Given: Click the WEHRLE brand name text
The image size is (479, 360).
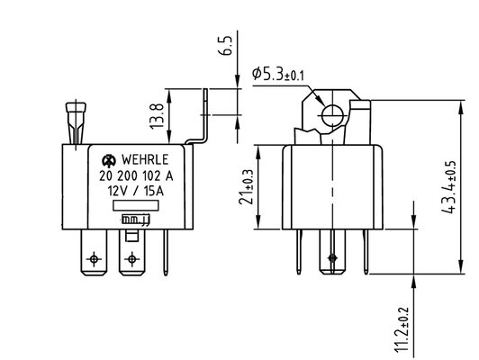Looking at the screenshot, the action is [145, 159].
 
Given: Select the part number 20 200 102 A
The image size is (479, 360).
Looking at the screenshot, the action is [136, 175].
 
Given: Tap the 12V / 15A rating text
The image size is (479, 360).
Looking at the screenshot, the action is [136, 191].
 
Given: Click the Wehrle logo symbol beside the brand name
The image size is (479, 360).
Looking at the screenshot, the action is [109, 160].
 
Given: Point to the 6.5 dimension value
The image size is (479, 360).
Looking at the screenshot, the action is [225, 46].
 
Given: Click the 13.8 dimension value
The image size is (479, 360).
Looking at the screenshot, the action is [157, 116].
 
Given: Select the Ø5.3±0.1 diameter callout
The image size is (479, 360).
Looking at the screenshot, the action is [278, 74].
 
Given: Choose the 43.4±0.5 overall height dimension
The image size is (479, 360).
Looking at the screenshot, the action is [448, 187].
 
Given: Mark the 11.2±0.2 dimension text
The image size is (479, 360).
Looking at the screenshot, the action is [401, 329].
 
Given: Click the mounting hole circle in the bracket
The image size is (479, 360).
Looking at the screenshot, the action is [332, 116].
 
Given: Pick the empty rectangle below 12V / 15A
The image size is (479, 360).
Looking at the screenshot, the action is [136, 205].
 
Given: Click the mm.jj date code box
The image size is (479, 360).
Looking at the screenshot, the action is [136, 220].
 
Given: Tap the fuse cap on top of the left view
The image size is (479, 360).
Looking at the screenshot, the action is [76, 108].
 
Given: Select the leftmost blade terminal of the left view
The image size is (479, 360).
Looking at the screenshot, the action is [94, 252].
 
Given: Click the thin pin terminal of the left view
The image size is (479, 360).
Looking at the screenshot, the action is [166, 253].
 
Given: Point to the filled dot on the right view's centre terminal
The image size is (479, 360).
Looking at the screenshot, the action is [332, 258].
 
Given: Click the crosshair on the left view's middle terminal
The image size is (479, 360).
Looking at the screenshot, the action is [132, 259].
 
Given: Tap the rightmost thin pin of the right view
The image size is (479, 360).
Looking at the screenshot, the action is [366, 252].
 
